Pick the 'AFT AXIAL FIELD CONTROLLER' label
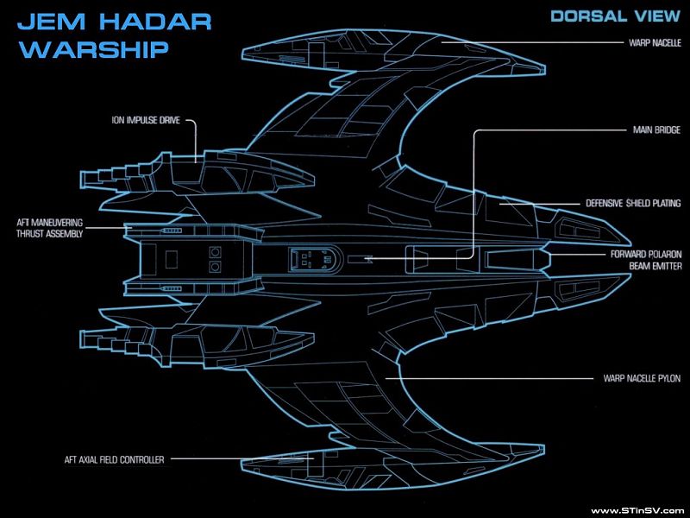click(113, 460)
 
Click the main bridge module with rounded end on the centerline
click(310, 257)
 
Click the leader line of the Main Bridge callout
click(474, 190)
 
